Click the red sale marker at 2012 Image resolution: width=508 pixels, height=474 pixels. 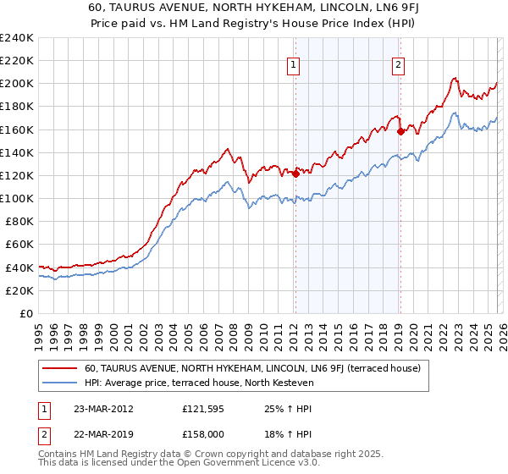point(295,174)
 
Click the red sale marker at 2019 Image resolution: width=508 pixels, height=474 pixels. point(400,132)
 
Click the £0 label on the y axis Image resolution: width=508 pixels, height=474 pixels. point(25,313)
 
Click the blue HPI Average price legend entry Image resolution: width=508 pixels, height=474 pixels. point(199,383)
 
